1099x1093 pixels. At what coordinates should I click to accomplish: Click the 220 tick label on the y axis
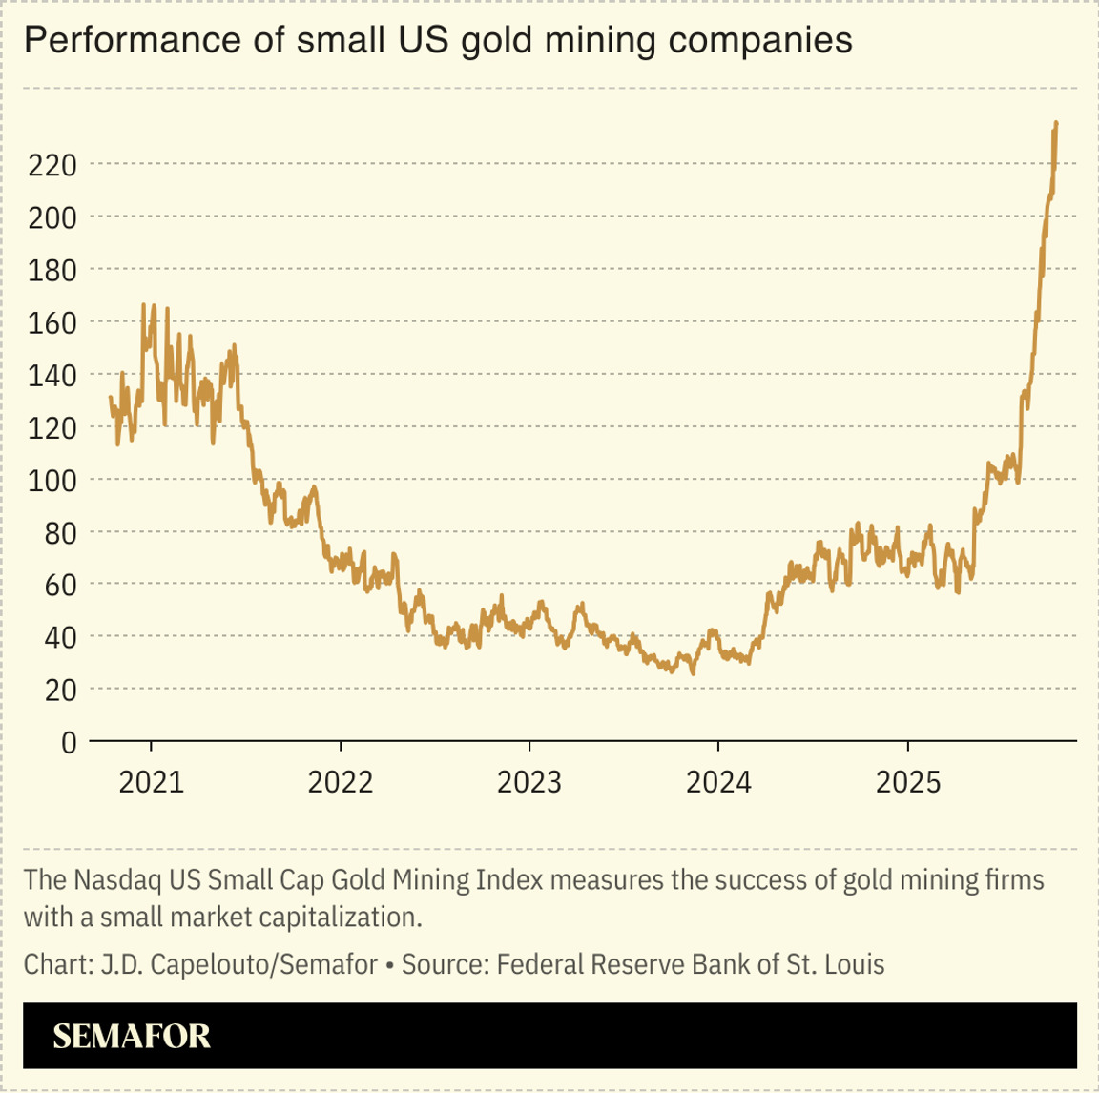pos(52,166)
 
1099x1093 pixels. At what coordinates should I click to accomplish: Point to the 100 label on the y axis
pos(52,480)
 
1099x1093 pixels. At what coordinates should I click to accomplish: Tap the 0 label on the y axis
pos(68,742)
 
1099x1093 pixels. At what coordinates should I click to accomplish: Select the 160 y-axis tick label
pos(52,323)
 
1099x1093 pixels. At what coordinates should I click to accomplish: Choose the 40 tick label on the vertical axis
pos(59,637)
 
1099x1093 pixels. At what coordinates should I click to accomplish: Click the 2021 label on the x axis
pos(151,782)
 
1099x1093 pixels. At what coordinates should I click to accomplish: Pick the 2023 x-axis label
pos(529,782)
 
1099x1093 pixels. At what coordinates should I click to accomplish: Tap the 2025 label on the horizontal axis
pos(908,782)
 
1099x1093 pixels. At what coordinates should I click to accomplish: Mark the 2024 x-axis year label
pos(719,782)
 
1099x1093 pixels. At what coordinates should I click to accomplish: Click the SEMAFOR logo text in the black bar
pos(132,1037)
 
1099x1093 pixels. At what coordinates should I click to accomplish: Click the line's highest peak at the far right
pos(1056,123)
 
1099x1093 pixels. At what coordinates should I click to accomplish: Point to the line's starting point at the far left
pos(111,398)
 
